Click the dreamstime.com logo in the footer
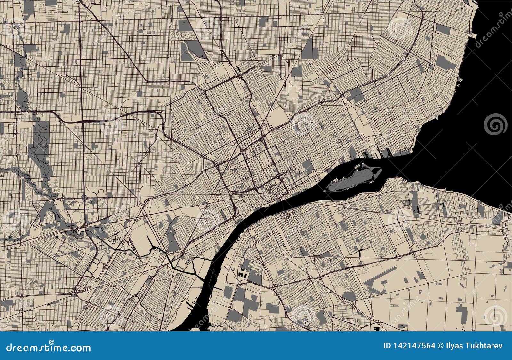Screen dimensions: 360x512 (49, 348)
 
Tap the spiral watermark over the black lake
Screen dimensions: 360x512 (495, 124)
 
